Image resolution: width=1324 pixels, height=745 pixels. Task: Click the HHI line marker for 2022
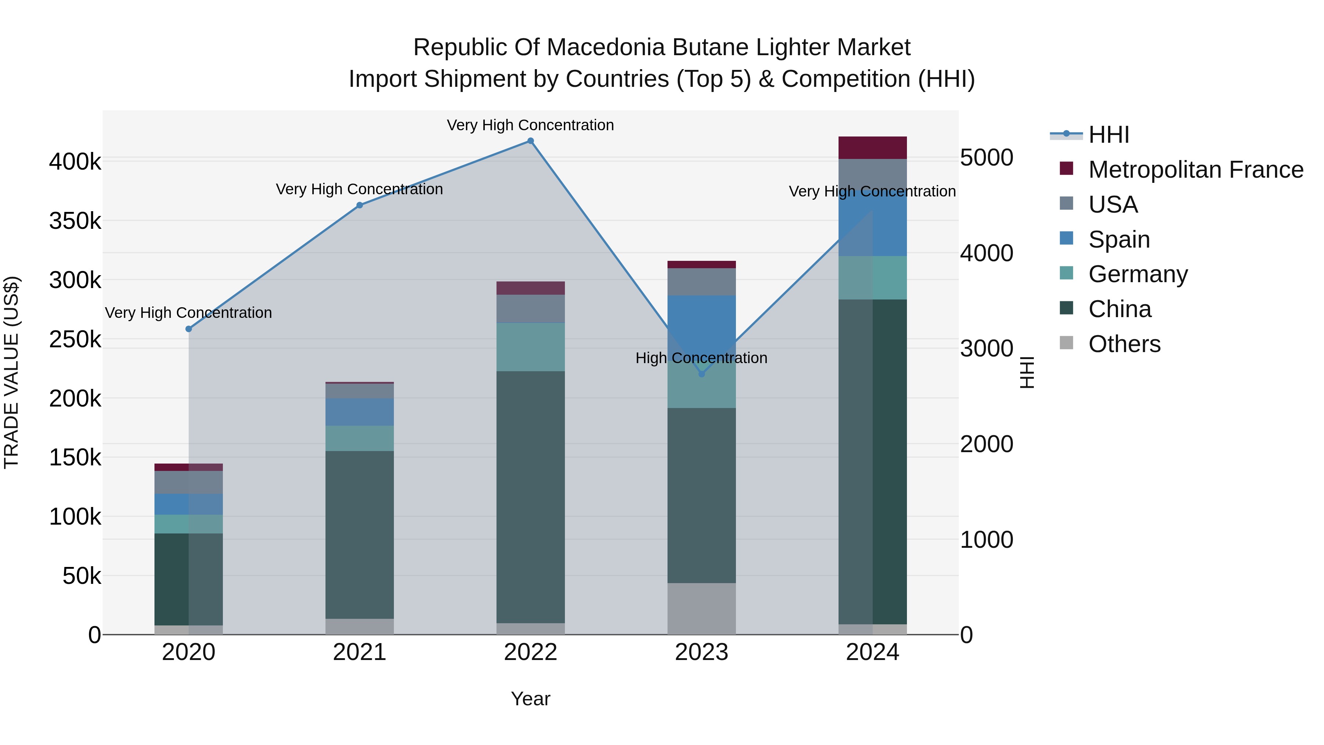(530, 141)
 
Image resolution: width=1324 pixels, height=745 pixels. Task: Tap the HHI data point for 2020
(189, 329)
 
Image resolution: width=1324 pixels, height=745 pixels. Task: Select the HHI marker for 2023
(702, 374)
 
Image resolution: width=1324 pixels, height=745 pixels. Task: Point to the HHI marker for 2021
(360, 205)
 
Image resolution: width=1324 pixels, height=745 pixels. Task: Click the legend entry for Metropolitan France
(1196, 170)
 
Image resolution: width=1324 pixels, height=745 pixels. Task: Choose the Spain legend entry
(1119, 240)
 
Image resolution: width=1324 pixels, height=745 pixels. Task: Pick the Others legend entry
(1124, 344)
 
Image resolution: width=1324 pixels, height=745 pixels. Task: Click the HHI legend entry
(1108, 135)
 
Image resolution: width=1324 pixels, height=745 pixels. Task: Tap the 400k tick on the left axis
(75, 162)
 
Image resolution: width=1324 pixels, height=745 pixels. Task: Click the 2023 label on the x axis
(702, 652)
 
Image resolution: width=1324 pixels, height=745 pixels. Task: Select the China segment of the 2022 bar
(530, 496)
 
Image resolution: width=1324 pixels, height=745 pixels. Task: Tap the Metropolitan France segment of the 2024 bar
(872, 148)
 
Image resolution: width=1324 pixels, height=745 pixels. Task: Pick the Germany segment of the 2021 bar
(360, 438)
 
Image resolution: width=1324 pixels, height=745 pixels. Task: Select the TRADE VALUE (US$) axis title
(11, 373)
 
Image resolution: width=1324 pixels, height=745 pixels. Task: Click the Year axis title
(530, 699)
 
